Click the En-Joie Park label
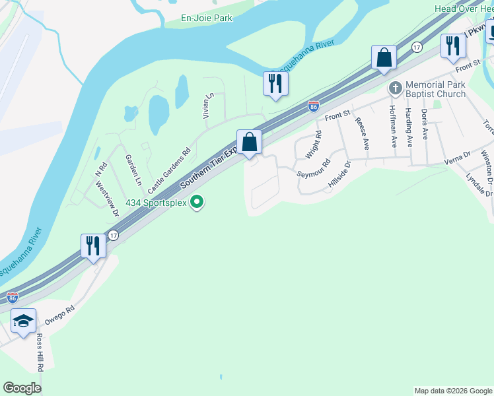click(207, 18)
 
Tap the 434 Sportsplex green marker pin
click(196, 202)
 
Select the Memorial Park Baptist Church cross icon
click(395, 88)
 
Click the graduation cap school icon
click(23, 321)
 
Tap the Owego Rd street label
click(60, 314)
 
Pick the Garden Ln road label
click(133, 169)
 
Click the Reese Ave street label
click(361, 127)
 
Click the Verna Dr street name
click(456, 156)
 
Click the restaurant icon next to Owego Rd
click(92, 246)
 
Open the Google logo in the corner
click(22, 388)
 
